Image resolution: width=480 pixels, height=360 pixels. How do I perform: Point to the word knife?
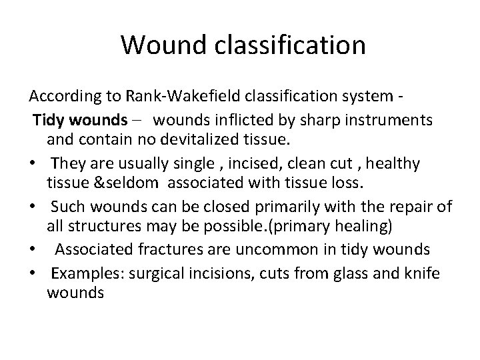tap(421, 273)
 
